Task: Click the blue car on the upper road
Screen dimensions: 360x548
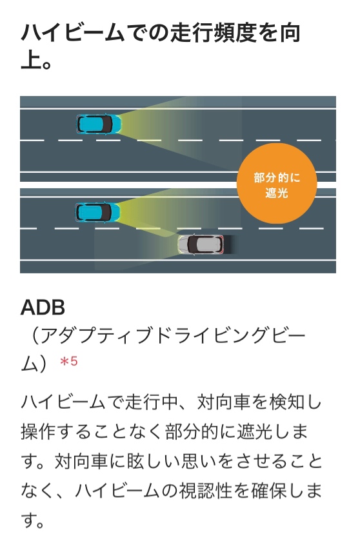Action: click(x=99, y=124)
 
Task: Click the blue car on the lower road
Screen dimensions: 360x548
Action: click(x=98, y=212)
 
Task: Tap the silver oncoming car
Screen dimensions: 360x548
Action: click(x=201, y=244)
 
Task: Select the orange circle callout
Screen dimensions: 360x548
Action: click(x=277, y=183)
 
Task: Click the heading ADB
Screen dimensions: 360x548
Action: click(x=43, y=308)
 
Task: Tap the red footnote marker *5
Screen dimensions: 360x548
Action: click(x=68, y=361)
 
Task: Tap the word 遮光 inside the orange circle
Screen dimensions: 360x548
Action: click(x=276, y=192)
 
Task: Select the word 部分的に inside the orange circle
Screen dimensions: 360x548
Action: click(x=277, y=177)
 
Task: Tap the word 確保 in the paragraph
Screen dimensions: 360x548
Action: click(x=268, y=491)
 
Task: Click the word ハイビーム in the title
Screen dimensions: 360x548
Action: click(x=73, y=34)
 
